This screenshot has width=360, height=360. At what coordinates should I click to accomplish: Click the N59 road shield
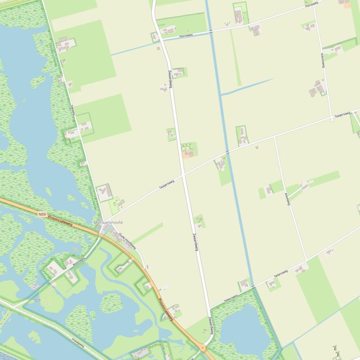[42, 215]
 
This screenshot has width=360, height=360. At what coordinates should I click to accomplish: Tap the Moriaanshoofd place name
[108, 223]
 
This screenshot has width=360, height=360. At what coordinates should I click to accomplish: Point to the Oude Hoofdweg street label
[127, 241]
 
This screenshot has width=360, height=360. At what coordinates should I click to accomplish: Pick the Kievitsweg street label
[323, 61]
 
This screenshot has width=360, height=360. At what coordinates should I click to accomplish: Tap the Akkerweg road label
[287, 199]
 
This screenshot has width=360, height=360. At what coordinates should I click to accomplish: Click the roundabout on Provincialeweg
[203, 348]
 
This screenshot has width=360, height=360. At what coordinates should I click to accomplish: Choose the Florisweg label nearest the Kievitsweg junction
[311, 4]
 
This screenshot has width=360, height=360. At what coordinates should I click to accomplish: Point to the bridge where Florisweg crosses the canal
[210, 31]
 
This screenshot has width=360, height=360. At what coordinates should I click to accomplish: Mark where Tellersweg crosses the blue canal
[252, 286]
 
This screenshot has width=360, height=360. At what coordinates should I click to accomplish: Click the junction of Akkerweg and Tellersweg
[307, 260]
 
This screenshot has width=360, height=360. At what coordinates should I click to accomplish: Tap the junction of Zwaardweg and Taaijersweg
[182, 174]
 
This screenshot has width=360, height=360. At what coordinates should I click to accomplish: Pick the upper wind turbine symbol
[335, 348]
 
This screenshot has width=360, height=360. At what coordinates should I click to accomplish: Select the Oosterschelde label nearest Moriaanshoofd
[92, 198]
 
